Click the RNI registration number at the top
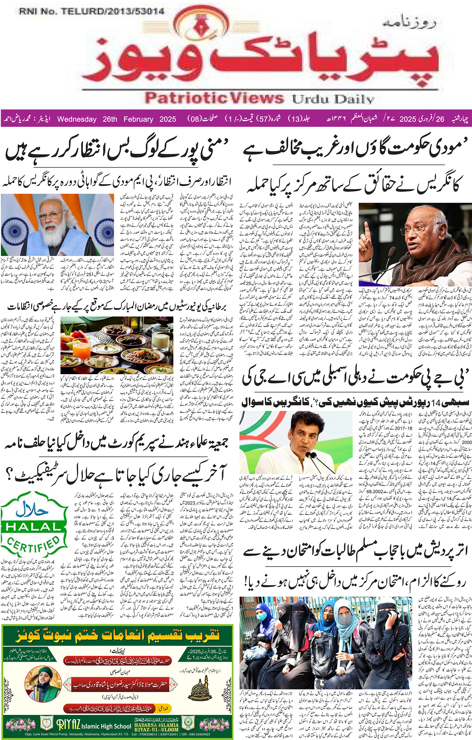click(x=91, y=12)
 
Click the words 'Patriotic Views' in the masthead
click(x=214, y=98)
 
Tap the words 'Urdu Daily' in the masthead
click(x=333, y=99)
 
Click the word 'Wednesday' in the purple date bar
click(x=76, y=119)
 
